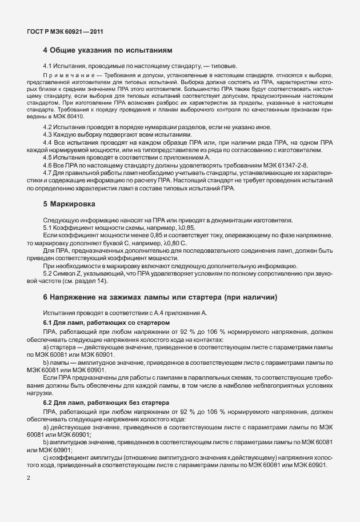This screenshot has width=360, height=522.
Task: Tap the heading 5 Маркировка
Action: click(73, 204)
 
